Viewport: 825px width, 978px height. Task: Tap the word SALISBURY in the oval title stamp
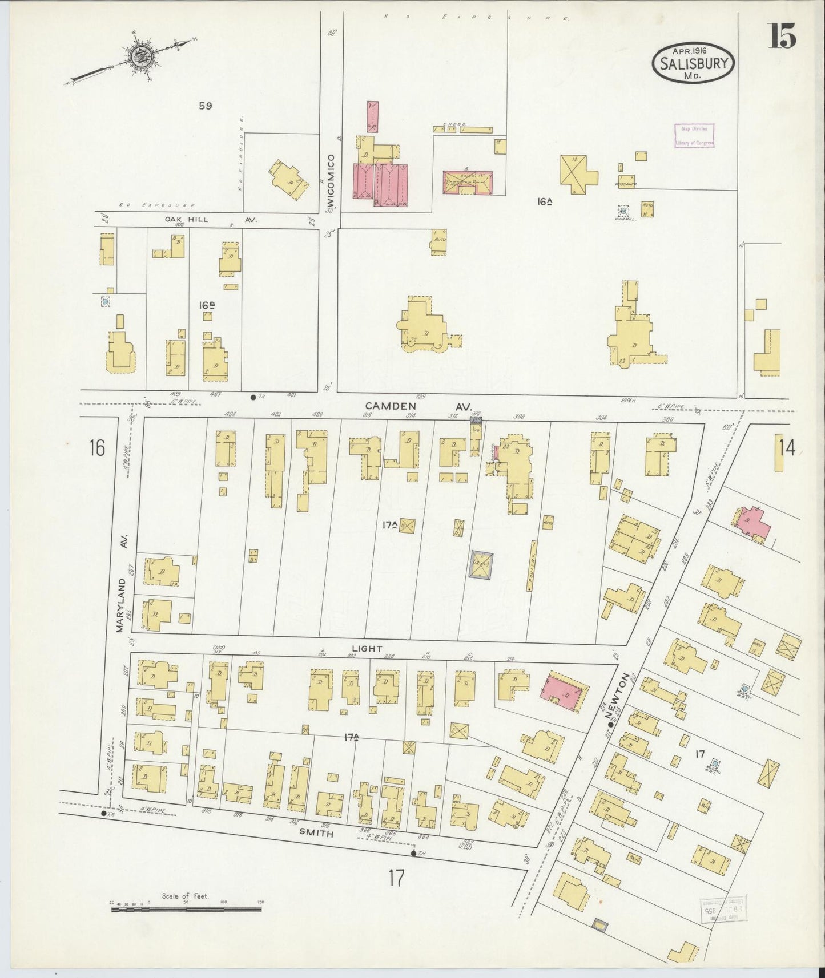(694, 63)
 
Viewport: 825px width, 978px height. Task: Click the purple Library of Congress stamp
(694, 136)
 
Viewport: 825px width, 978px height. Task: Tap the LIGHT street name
(367, 648)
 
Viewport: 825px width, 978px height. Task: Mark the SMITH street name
(317, 832)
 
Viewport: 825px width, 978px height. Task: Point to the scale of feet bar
(186, 907)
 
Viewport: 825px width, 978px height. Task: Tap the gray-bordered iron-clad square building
(480, 565)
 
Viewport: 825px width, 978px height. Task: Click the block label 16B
(207, 305)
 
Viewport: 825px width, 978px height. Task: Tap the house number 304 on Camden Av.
(601, 418)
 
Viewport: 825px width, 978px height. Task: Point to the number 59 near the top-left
(205, 106)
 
